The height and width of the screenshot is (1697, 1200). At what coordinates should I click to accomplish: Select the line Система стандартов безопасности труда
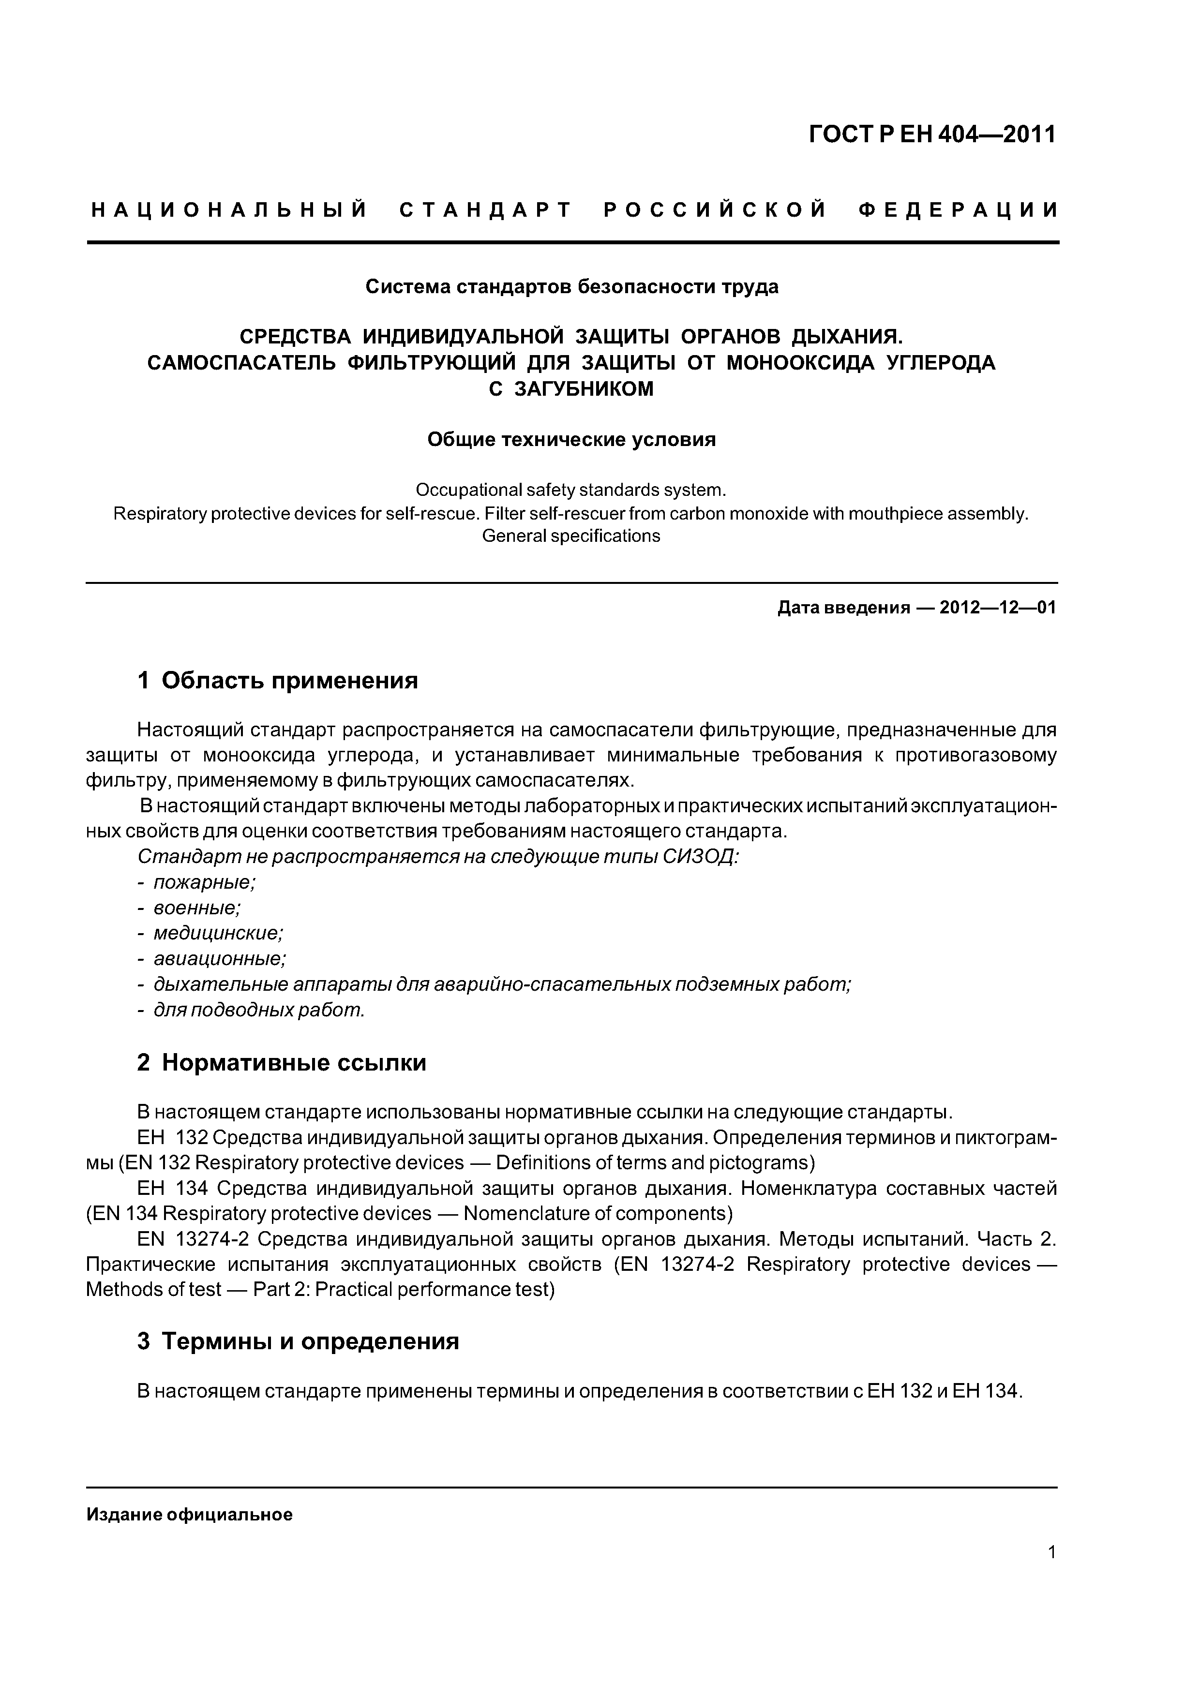pos(571,287)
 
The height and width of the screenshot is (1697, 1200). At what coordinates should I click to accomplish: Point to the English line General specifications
pos(571,536)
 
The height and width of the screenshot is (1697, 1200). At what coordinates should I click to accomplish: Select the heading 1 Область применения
pos(277,680)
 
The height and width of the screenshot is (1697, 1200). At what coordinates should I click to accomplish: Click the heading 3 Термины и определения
pos(298,1341)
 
